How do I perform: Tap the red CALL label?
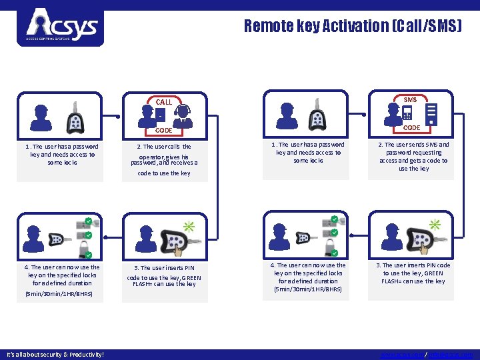(164, 102)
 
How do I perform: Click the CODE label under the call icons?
(164, 131)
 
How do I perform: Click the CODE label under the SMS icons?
(411, 127)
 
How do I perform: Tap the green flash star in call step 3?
(189, 227)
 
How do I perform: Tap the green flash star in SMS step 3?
(435, 225)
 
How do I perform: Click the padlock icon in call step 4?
(86, 249)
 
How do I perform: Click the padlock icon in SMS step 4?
(331, 247)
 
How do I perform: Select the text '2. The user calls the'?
(164, 147)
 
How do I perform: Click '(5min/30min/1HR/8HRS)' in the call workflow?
(59, 293)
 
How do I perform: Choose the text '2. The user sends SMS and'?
(413, 144)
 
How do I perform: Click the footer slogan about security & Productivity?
(55, 354)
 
